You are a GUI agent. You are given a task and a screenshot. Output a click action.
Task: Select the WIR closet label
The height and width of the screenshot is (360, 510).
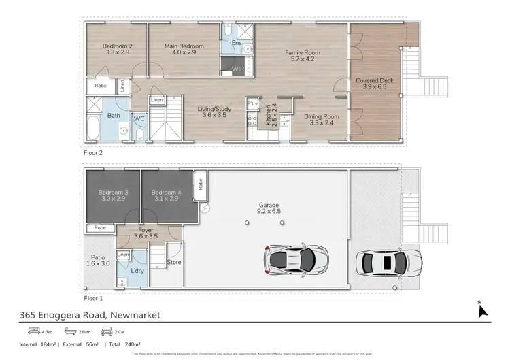point(238,68)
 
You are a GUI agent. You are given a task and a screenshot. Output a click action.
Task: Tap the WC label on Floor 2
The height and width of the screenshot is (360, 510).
point(139,118)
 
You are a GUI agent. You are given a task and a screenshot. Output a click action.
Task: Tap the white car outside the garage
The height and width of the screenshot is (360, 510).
point(388,261)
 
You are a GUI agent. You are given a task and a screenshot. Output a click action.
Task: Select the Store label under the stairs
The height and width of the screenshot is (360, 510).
point(174,261)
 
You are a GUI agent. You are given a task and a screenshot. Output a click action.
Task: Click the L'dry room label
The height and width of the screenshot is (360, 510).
point(137,271)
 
